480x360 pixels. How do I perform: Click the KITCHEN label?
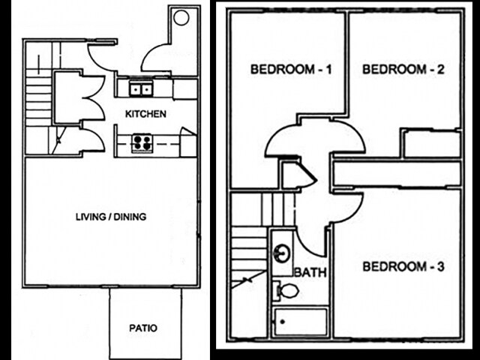click(145, 114)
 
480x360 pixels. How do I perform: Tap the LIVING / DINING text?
click(111, 217)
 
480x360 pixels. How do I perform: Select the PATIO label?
click(143, 328)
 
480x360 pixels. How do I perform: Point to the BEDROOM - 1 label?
click(291, 70)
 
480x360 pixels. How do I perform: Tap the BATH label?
click(310, 272)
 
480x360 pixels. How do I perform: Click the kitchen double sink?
click(139, 89)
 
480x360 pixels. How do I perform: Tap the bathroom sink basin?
click(281, 253)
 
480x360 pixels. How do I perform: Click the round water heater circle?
click(181, 19)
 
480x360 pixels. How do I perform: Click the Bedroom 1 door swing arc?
click(284, 140)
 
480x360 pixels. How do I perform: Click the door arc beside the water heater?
click(159, 56)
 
